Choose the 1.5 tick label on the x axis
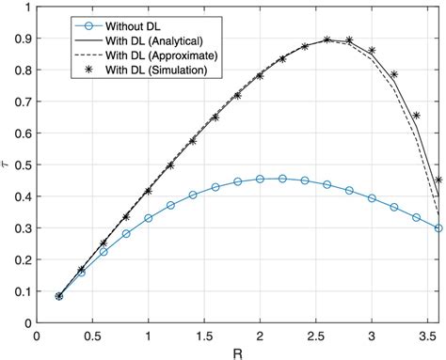(x=204, y=335)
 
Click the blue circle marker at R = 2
(x=261, y=179)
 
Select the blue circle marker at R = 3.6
(x=438, y=228)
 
